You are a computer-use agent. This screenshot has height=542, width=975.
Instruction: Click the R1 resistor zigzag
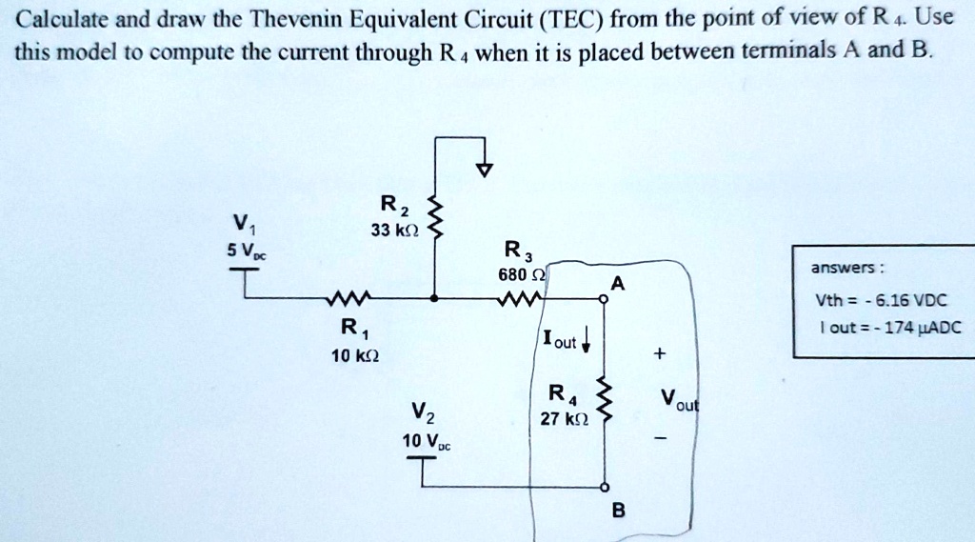click(x=340, y=297)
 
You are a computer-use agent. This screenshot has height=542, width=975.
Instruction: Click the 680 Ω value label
click(x=521, y=275)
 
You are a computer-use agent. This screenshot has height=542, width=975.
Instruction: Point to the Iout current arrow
click(x=587, y=340)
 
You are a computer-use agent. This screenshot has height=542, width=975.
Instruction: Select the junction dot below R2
click(x=435, y=298)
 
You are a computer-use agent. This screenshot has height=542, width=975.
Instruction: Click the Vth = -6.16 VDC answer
click(x=881, y=299)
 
